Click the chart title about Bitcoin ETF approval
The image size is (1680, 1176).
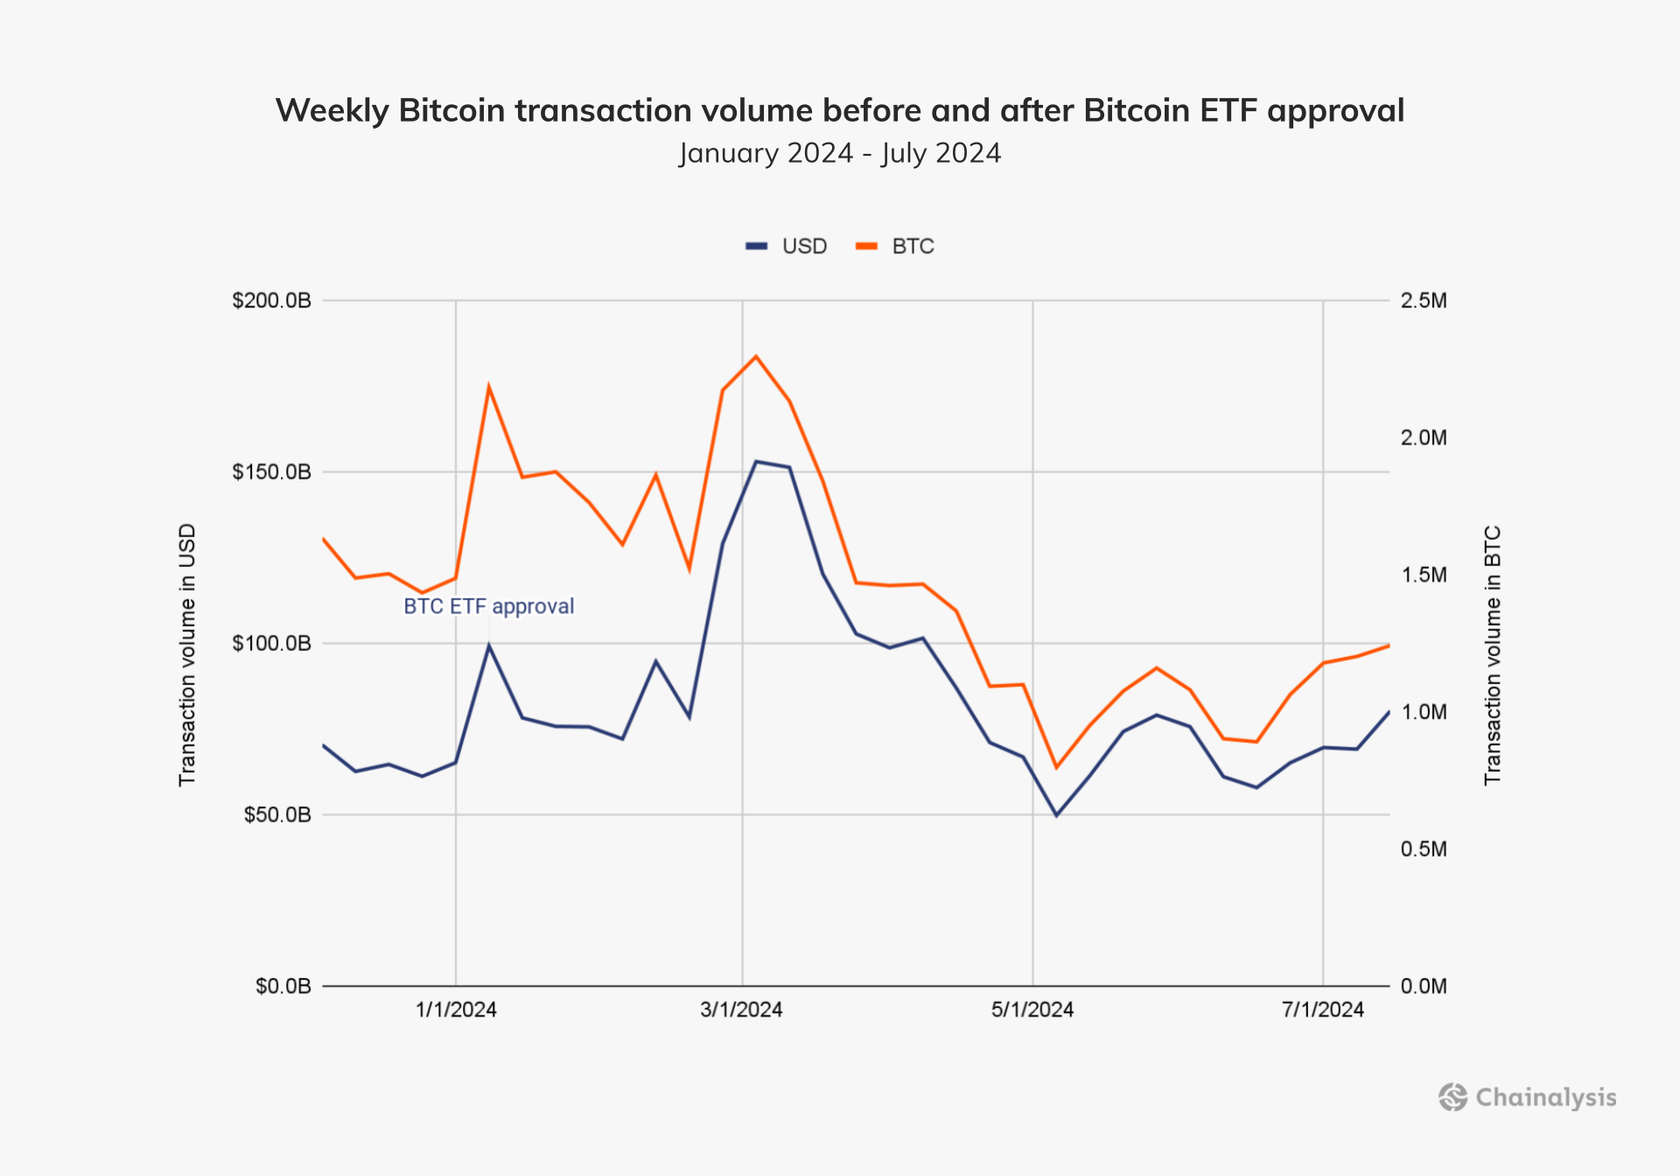tap(839, 111)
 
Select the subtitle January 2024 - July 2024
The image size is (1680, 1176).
tap(839, 153)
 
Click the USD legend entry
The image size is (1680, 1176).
tap(787, 247)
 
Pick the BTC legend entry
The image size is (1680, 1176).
tap(896, 247)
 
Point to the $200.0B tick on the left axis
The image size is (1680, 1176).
tap(271, 301)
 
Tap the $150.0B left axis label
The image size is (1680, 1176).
tap(271, 472)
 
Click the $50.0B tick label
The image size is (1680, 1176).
tap(276, 815)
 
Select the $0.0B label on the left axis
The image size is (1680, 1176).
tap(283, 986)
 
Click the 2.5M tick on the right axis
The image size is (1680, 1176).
tap(1424, 301)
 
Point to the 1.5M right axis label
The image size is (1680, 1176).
tap(1424, 575)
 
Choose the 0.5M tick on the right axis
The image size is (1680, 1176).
tap(1424, 849)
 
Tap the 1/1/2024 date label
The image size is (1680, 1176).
tap(456, 1010)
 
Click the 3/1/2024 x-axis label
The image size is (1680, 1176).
tap(741, 1010)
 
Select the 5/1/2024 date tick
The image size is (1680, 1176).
tap(1032, 1010)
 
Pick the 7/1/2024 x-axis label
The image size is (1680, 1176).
tap(1323, 1010)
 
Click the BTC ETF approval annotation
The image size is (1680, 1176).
tap(488, 606)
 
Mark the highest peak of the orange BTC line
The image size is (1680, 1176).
tap(756, 356)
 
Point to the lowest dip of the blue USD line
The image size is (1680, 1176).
tap(1056, 815)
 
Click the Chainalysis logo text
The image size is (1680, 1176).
tap(1545, 1097)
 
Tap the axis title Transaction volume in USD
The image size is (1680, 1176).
tap(187, 654)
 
